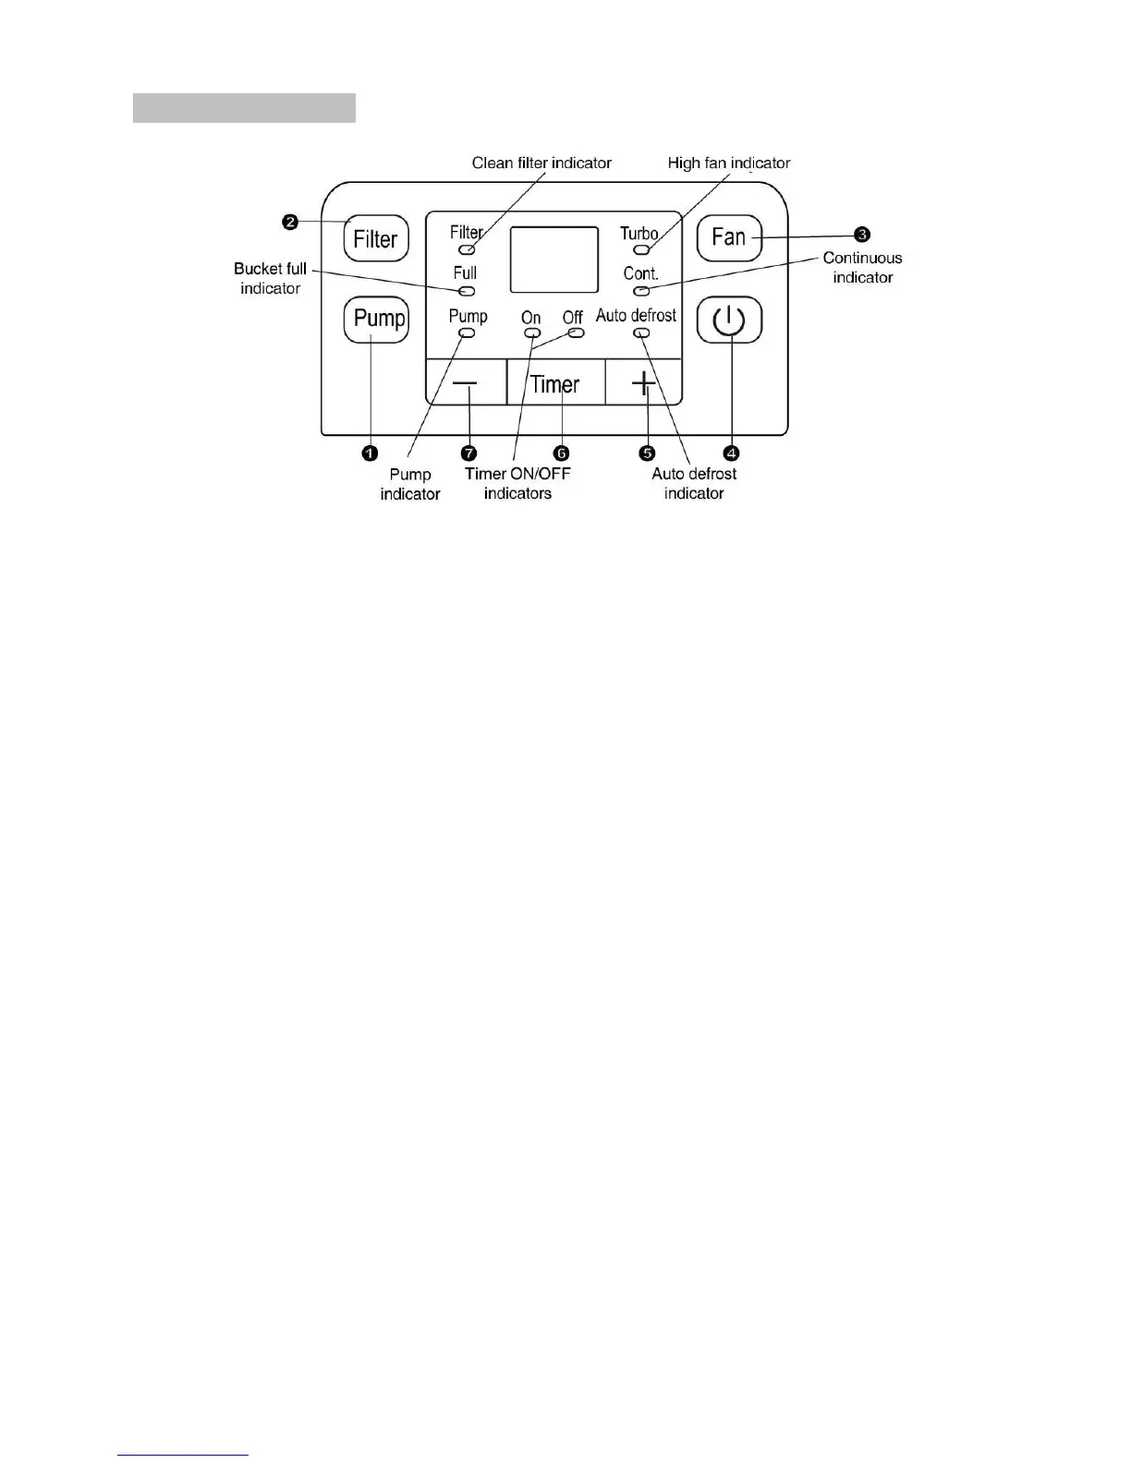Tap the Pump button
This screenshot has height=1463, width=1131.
[x=377, y=320]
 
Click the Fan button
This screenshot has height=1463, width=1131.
[x=729, y=238]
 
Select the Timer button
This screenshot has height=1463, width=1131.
[x=555, y=383]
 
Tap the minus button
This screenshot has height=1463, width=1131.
[x=467, y=383]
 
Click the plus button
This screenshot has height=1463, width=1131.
[x=643, y=383]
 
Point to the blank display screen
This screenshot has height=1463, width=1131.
[x=554, y=260]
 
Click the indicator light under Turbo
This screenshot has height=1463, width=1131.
[x=640, y=249]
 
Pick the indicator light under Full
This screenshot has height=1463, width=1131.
[x=467, y=291]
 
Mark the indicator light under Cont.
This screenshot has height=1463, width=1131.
[x=641, y=291]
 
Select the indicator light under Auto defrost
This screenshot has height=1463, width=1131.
[x=641, y=332]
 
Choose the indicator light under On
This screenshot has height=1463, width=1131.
[x=531, y=332]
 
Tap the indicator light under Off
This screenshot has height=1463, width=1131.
[x=576, y=332]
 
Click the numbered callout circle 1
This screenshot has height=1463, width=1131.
[x=370, y=453]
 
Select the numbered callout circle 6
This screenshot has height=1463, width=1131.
[x=561, y=453]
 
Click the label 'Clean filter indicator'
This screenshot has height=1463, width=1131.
[x=541, y=163]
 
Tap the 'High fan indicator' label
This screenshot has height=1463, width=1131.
[x=729, y=163]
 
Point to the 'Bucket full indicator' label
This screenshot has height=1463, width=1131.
[x=270, y=278]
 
